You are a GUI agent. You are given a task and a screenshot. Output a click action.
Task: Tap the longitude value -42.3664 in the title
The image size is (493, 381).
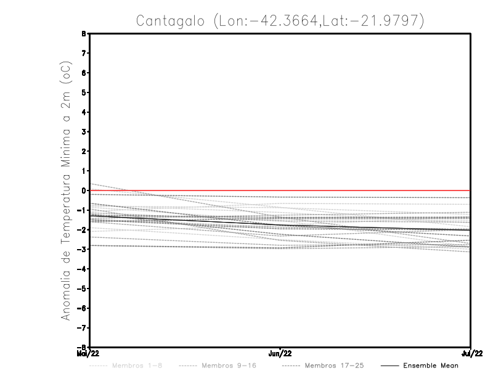[276, 20]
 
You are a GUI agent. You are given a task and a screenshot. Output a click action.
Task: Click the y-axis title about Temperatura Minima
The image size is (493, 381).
[66, 190]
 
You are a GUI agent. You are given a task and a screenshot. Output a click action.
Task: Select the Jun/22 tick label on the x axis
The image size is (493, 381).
[281, 353]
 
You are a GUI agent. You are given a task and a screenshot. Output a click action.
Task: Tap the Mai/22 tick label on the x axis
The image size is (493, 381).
[88, 353]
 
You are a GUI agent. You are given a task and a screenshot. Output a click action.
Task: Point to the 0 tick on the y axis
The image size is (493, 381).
[84, 190]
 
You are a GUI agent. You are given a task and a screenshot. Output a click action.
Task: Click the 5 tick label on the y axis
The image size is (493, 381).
[84, 92]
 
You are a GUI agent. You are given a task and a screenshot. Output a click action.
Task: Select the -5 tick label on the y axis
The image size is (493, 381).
[82, 289]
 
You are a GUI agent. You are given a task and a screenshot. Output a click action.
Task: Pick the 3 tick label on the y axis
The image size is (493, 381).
[84, 132]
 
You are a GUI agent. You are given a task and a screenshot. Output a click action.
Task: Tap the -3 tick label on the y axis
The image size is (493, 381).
[82, 249]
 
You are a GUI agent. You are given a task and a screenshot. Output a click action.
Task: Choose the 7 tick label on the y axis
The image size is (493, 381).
[84, 54]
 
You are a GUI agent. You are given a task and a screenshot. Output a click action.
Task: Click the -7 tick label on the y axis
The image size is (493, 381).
[82, 327]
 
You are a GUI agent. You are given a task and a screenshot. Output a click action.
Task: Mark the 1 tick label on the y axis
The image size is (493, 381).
[84, 171]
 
